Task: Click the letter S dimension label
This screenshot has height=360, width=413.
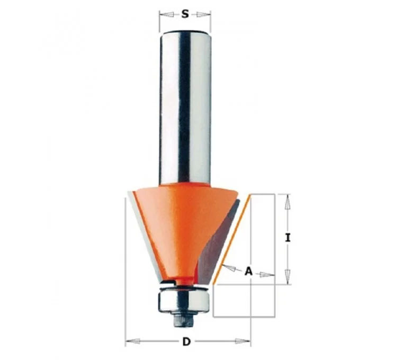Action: (185, 14)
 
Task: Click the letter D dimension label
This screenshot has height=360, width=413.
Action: (186, 342)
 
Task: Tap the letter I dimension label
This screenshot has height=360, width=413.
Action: (288, 238)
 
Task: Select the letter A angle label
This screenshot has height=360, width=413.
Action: (248, 271)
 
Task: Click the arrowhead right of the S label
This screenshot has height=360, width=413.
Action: (204, 14)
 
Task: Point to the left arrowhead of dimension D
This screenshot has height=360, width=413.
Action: (132, 342)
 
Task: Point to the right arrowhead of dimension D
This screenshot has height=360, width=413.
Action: (243, 342)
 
